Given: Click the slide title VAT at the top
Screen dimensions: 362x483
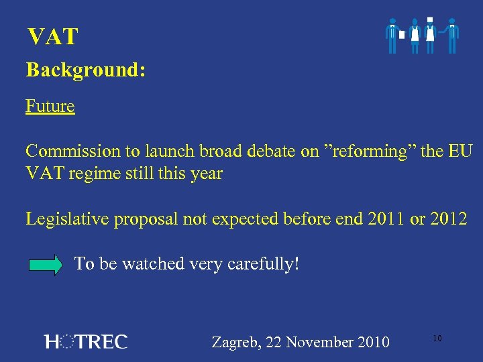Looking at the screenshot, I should pos(52,37).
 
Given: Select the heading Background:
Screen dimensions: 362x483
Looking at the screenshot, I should pos(85,70).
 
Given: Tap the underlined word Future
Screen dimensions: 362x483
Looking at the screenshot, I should pos(50,106).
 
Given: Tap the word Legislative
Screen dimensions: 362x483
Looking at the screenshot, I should pos(67,218).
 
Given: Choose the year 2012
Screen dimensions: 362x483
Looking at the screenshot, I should pos(449,218).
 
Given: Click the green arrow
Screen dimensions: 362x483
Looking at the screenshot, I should pos(48,265).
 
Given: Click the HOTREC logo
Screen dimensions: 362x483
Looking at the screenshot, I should pos(85,342).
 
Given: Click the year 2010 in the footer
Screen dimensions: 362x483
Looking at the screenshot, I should pos(372,342).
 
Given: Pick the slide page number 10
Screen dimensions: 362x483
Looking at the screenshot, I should pos(437,339).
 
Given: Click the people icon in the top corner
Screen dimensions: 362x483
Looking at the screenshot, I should pos(423,36).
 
